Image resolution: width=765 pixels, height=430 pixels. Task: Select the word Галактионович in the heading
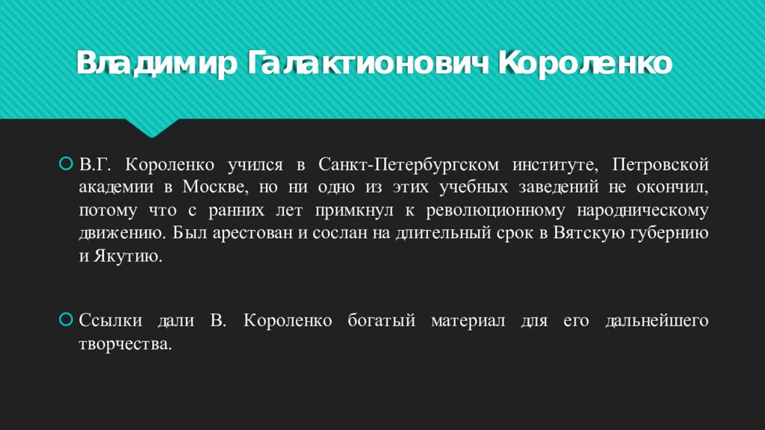[367, 64]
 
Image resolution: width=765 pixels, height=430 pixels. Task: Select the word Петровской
[660, 163]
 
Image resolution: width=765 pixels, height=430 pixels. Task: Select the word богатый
[381, 321]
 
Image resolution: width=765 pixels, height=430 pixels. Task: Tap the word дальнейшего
[657, 321]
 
